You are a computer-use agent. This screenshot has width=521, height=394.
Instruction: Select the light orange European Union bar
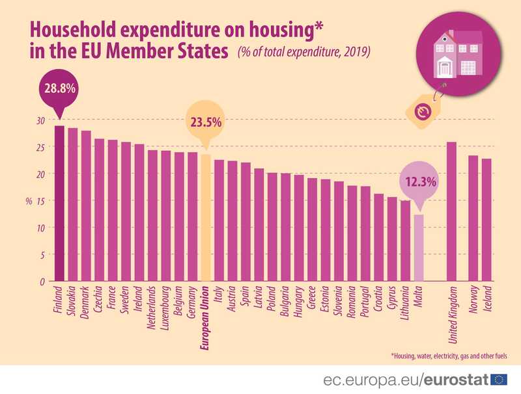(206, 218)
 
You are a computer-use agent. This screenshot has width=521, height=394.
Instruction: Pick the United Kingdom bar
(452, 211)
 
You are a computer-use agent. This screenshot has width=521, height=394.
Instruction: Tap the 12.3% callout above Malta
(419, 182)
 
